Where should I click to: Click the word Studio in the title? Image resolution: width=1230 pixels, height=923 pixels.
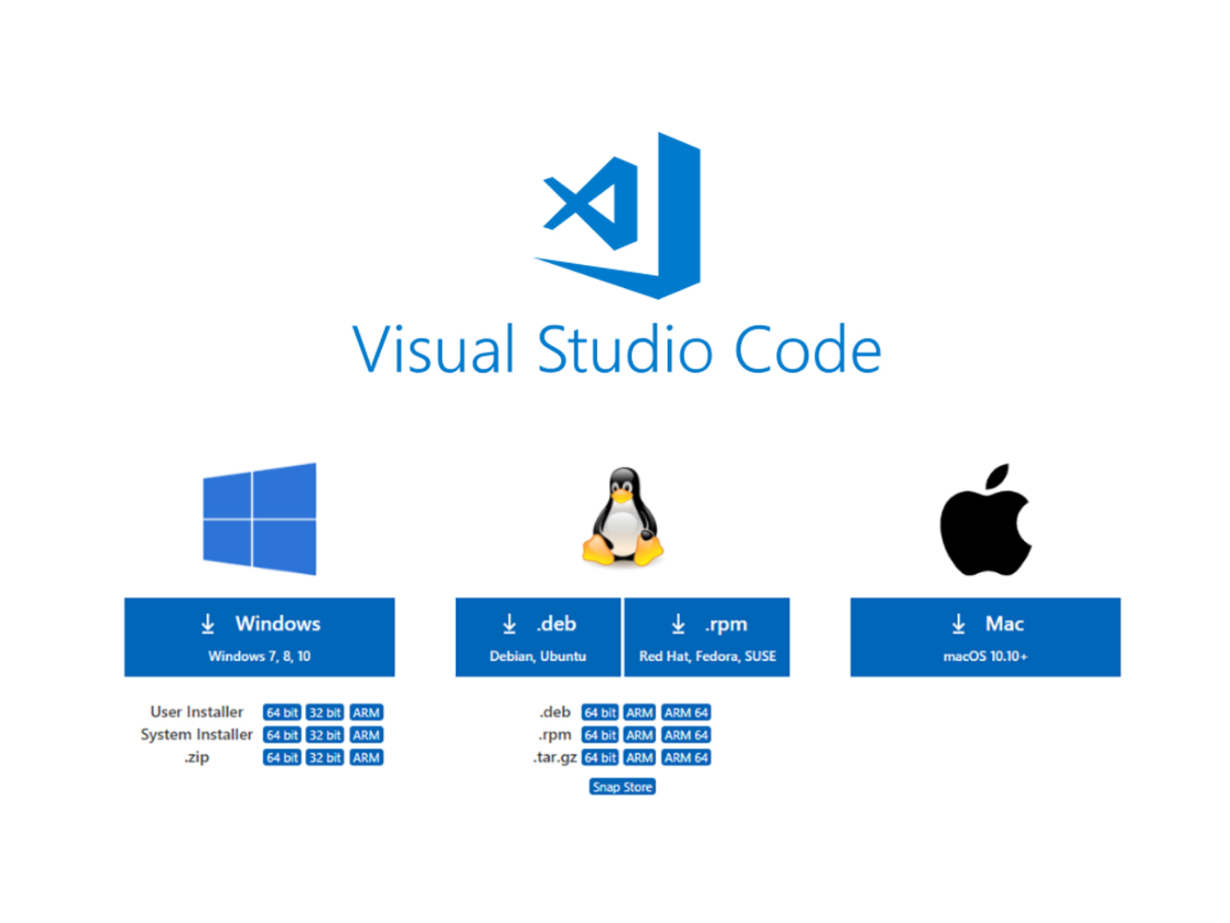click(625, 351)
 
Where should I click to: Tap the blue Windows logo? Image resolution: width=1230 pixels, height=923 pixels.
click(259, 519)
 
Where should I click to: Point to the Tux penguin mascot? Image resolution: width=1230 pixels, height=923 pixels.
click(623, 517)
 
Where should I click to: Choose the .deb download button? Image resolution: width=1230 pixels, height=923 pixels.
click(538, 637)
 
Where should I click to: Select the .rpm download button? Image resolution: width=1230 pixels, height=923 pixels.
click(707, 637)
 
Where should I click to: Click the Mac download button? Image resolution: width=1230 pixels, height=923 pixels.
click(985, 637)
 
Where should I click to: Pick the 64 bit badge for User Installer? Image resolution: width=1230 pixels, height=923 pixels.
click(282, 713)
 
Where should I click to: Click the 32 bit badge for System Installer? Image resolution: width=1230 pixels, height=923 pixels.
click(325, 736)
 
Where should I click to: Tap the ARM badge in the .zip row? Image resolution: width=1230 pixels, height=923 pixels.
click(366, 758)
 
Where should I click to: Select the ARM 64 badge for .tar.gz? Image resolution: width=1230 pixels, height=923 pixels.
click(687, 758)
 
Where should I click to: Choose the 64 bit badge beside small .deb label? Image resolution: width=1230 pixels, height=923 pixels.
click(600, 713)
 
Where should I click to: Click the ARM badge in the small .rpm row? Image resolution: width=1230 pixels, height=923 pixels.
click(639, 736)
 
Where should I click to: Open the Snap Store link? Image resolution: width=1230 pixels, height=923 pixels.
click(623, 787)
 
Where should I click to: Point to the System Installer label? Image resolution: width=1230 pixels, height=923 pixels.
click(197, 735)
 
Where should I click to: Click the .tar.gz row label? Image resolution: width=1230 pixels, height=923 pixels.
click(555, 758)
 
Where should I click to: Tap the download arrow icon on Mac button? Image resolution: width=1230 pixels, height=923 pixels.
click(959, 625)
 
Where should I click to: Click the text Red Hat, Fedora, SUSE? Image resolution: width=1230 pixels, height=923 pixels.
click(708, 656)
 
